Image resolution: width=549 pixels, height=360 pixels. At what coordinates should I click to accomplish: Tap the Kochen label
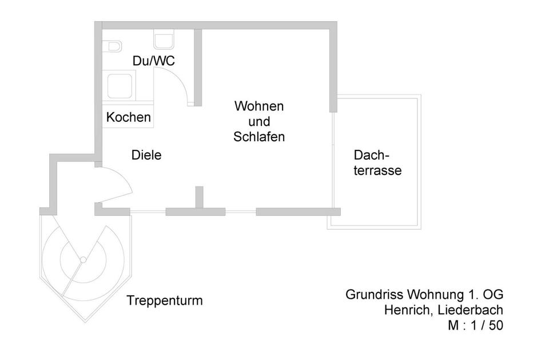click(129, 118)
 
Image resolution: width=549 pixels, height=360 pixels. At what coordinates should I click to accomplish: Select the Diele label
click(146, 155)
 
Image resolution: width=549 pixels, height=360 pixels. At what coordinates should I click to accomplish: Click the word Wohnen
click(259, 106)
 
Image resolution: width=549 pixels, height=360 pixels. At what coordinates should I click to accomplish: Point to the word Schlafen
click(259, 137)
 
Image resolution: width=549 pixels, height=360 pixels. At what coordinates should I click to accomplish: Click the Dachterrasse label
click(377, 163)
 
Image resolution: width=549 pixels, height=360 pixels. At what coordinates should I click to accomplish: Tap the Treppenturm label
click(165, 300)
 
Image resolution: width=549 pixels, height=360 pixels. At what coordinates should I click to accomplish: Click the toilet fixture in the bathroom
click(112, 45)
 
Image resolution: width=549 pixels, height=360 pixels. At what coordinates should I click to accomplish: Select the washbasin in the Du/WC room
click(164, 41)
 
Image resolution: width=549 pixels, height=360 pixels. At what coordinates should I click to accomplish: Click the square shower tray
click(120, 86)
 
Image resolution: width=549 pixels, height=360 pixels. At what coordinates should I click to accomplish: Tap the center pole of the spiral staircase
click(83, 260)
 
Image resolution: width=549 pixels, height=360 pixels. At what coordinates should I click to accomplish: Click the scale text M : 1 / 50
click(476, 325)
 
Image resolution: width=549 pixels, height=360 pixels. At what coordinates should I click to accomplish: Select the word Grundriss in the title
click(374, 295)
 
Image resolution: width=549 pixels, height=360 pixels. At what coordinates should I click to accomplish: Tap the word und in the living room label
click(259, 122)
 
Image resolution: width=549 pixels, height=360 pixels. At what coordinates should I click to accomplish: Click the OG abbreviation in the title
click(493, 295)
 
